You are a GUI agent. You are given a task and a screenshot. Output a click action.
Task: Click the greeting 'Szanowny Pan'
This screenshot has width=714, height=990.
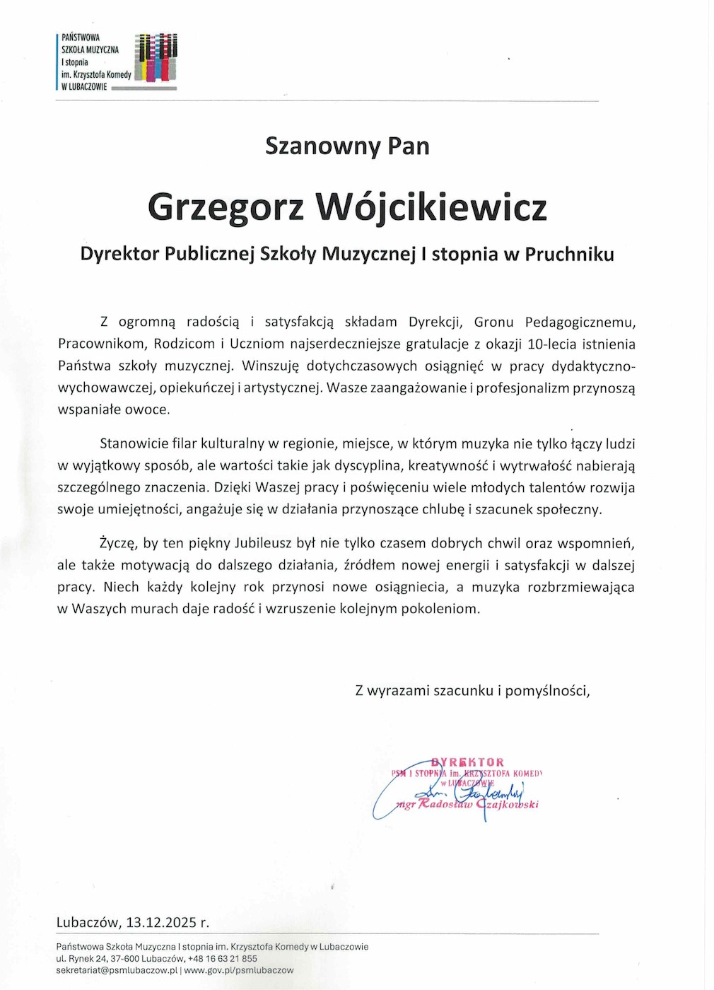tap(347, 146)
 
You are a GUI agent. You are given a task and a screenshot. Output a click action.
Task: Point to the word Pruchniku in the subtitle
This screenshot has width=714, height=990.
tap(569, 255)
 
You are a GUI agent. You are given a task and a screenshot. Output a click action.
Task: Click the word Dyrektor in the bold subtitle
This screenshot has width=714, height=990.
tap(119, 255)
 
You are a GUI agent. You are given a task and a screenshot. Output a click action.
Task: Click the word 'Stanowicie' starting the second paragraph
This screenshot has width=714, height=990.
tap(134, 444)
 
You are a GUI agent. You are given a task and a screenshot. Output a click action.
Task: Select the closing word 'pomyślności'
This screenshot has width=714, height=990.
tap(547, 691)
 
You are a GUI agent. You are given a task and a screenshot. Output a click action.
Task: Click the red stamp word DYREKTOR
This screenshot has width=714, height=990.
tap(468, 762)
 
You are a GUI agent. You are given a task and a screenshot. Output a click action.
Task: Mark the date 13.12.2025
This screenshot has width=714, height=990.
tap(161, 923)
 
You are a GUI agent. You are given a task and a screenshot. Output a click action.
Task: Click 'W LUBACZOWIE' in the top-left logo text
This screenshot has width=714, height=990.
tap(84, 87)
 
